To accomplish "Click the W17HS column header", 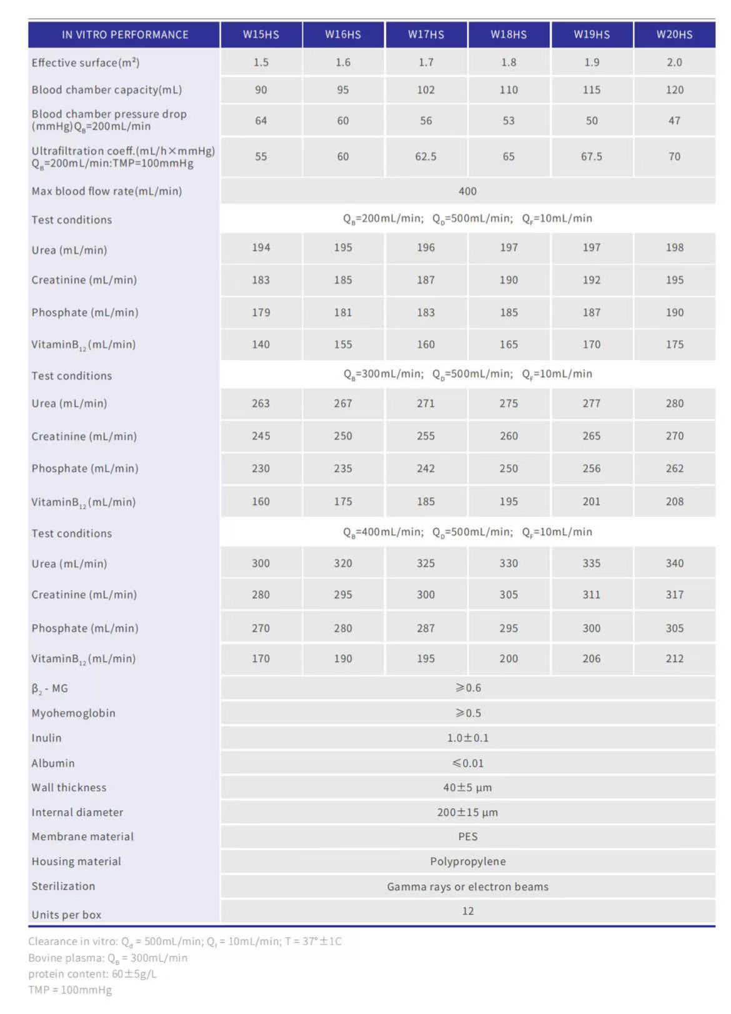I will point(425,34).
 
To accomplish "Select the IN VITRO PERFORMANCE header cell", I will point(124,35).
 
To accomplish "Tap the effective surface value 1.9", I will point(591,63).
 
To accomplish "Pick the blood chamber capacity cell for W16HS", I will point(342,90).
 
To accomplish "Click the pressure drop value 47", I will point(674,121).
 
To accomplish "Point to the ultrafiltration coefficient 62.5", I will point(425,156).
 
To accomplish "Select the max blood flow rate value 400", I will point(467,191).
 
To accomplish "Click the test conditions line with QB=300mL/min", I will point(467,374).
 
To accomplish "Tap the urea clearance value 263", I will point(261,403).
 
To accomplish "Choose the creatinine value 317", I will point(674,595).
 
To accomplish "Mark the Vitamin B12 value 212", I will point(674,658).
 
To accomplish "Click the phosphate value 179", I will point(261,313).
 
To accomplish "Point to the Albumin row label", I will point(53,763).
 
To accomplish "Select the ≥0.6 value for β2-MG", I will point(467,688).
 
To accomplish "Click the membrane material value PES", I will point(467,836).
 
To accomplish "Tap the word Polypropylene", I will point(467,861).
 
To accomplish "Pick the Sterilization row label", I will point(63,886).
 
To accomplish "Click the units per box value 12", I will point(467,911).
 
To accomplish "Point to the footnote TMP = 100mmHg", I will point(70,990).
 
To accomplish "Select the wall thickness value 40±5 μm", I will point(467,788).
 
